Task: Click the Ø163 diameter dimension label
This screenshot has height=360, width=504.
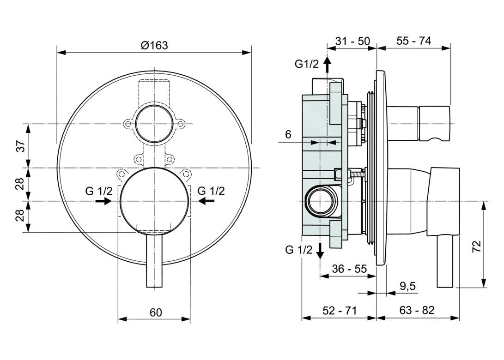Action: click(x=154, y=45)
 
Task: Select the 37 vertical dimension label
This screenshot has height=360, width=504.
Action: click(x=21, y=146)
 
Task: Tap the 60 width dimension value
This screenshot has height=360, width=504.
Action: click(x=156, y=312)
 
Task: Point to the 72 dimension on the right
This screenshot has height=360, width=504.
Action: click(x=477, y=246)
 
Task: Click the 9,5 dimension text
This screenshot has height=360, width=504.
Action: click(x=408, y=286)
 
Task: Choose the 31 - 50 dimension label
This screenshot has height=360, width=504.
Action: click(x=352, y=41)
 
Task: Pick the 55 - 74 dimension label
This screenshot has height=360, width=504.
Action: click(x=413, y=41)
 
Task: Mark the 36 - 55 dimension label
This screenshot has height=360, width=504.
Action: click(x=349, y=269)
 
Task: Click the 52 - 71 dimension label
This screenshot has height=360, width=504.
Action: click(x=340, y=310)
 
